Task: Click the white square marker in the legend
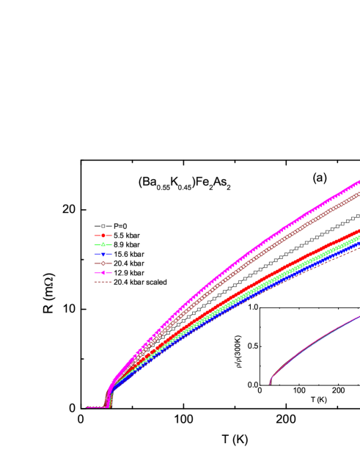point(103,226)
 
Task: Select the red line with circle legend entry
point(103,236)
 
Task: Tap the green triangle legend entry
point(103,244)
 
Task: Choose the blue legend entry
point(103,254)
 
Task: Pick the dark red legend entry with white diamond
point(103,263)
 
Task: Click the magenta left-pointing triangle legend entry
point(103,272)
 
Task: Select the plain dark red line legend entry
point(103,282)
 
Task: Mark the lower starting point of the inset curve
point(271,383)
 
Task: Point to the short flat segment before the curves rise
point(96,407)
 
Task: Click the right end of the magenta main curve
point(358,181)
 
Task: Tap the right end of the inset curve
point(359,316)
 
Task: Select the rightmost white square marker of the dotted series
point(358,216)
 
